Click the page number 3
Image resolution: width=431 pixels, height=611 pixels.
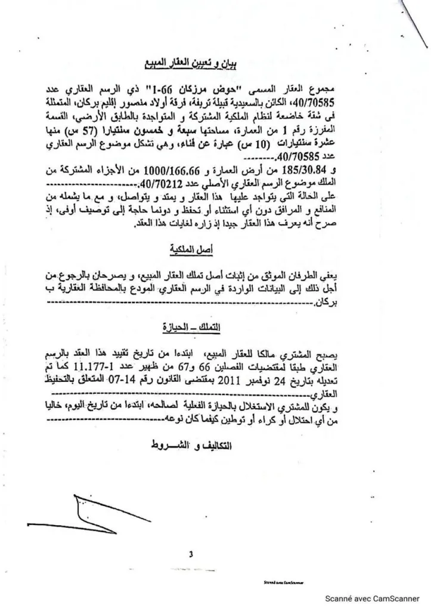pyautogui.click(x=191, y=554)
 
